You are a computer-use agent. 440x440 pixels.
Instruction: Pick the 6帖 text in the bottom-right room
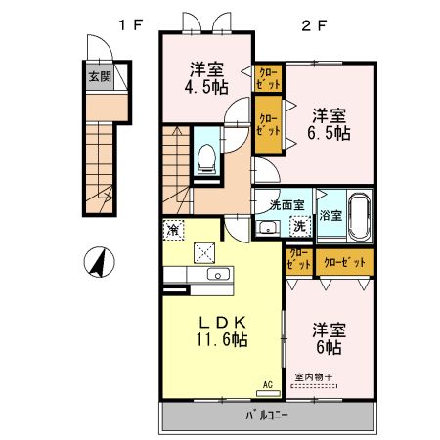click(x=328, y=347)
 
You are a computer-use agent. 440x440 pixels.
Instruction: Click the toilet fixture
click(x=206, y=158)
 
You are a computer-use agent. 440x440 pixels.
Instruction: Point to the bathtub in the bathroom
click(x=359, y=214)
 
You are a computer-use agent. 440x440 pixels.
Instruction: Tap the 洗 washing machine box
click(x=300, y=227)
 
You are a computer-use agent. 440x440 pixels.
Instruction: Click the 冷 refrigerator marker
click(x=173, y=231)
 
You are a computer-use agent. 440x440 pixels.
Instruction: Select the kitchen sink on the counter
click(x=217, y=275)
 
